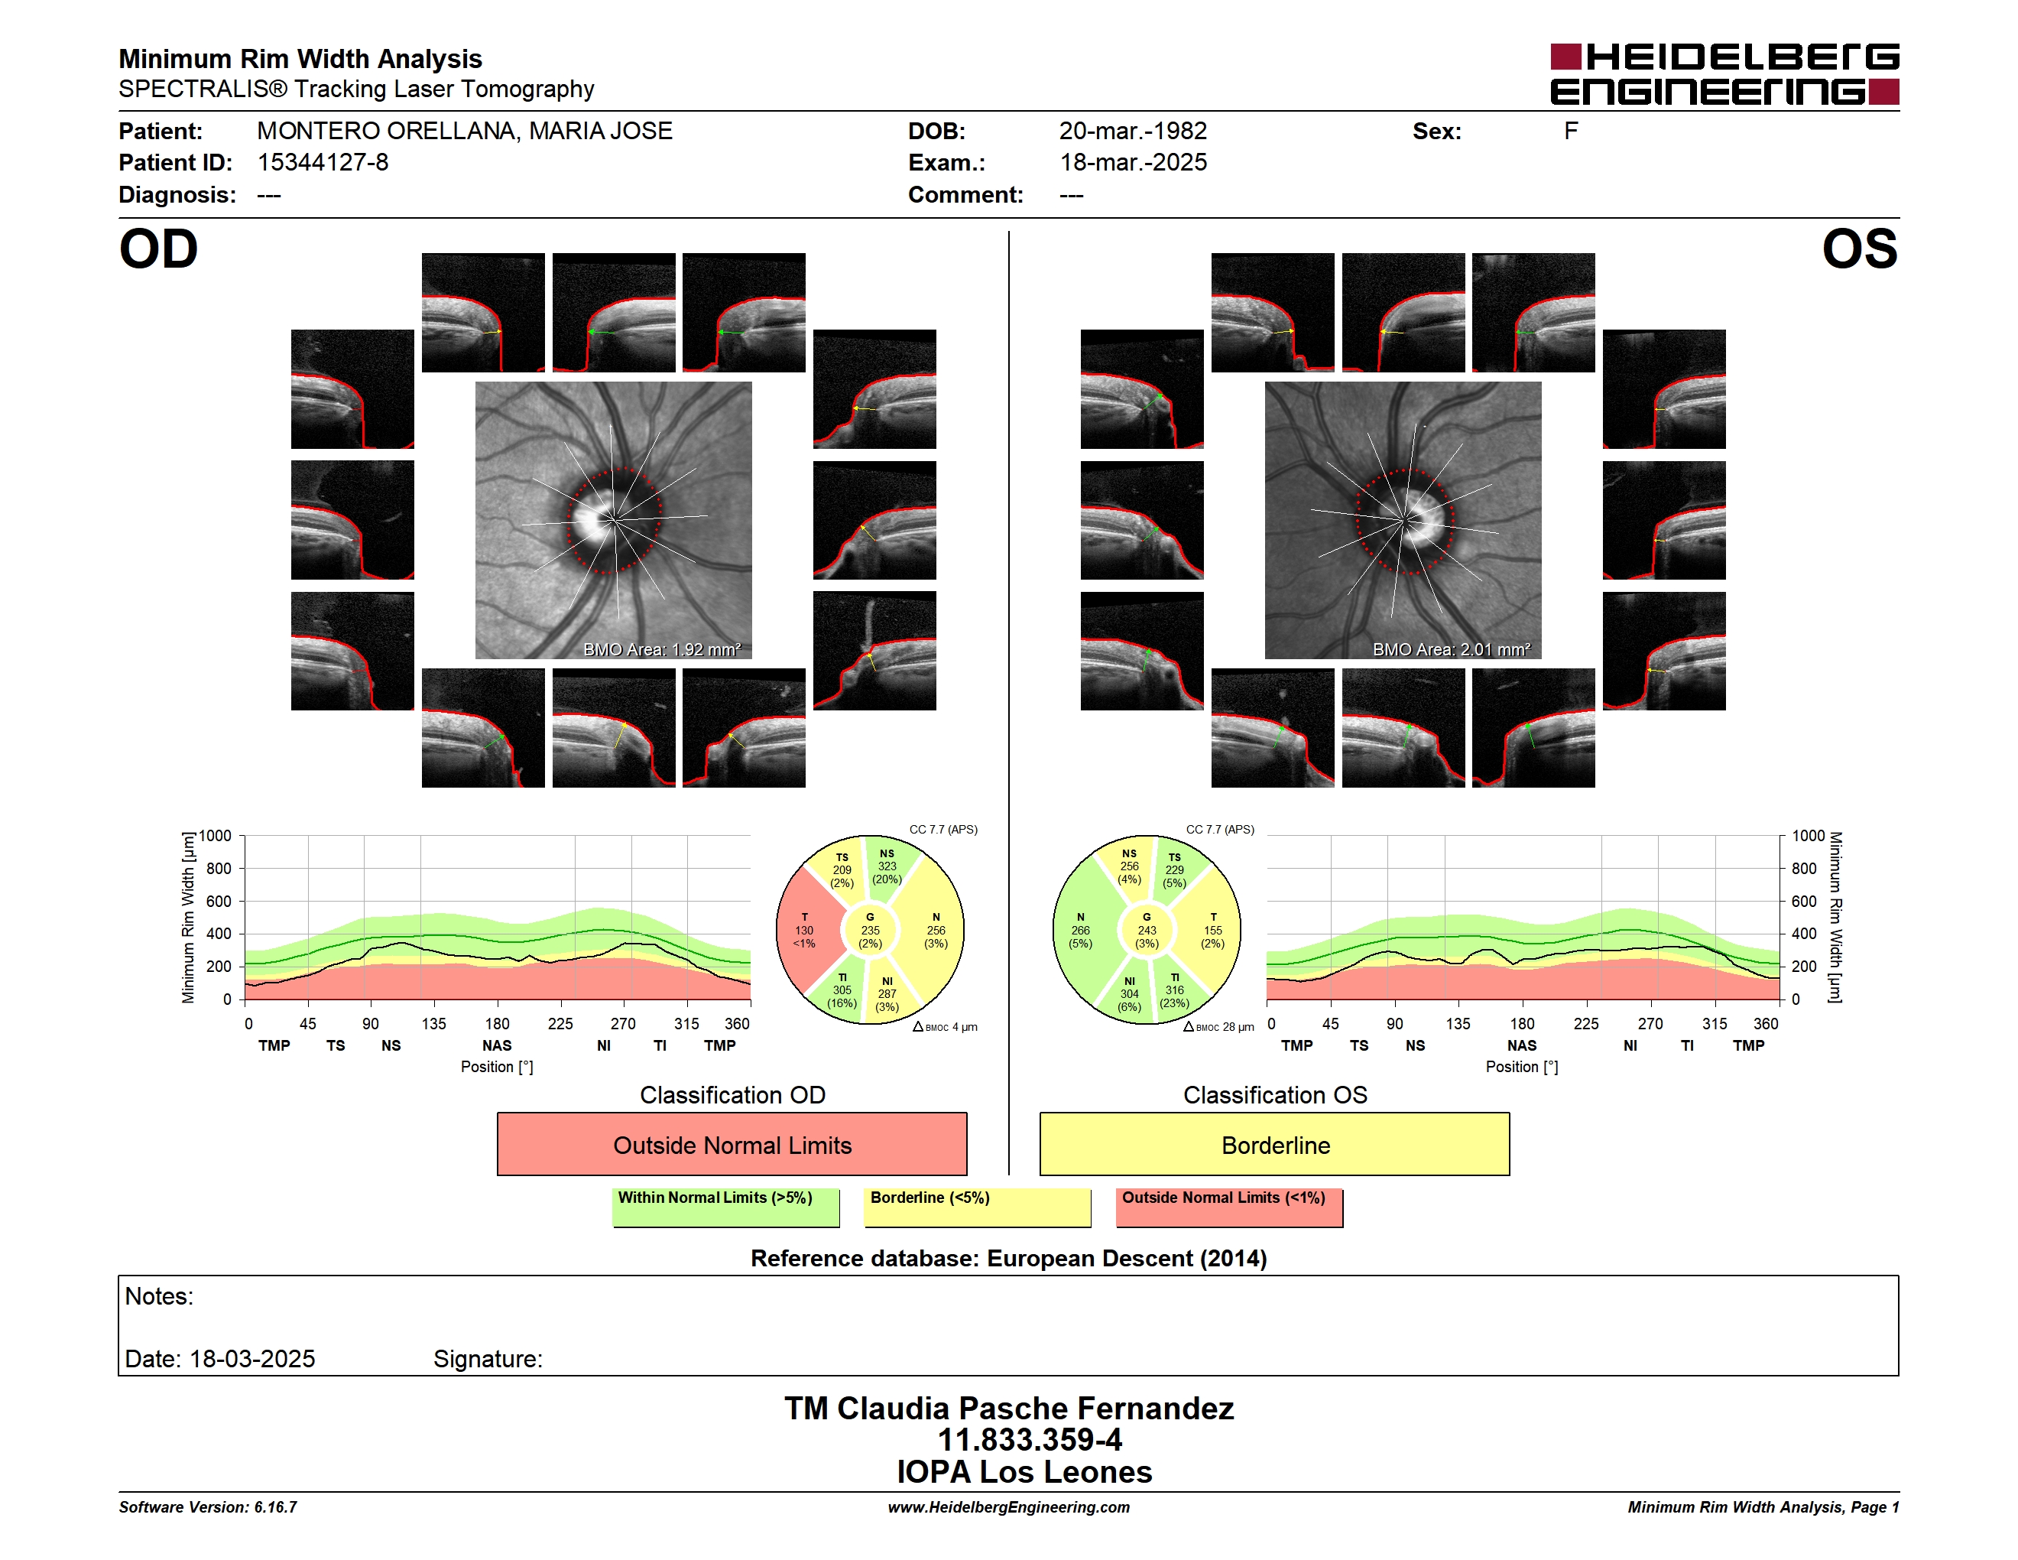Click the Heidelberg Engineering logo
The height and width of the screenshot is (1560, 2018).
click(1724, 74)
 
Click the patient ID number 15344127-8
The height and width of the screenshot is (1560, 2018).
click(323, 163)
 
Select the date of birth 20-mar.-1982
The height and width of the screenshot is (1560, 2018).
click(1133, 132)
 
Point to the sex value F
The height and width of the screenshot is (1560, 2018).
click(1571, 132)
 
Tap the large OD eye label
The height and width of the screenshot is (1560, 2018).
click(158, 249)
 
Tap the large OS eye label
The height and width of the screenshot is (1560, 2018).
click(1859, 249)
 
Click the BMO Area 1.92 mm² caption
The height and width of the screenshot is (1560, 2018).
click(661, 650)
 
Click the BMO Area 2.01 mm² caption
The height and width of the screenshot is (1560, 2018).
click(1451, 650)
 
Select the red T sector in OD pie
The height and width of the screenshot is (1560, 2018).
click(806, 931)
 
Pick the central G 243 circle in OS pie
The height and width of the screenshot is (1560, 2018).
click(1147, 931)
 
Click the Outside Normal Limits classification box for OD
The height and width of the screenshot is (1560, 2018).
click(732, 1144)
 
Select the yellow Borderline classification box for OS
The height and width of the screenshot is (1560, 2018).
click(1274, 1144)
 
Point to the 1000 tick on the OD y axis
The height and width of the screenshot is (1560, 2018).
click(216, 836)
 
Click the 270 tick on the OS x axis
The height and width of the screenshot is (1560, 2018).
click(1650, 1024)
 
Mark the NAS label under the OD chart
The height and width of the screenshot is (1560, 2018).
click(496, 1045)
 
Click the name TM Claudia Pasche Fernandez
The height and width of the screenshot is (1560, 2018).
click(1009, 1408)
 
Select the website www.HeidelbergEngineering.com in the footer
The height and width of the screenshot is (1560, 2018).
click(1008, 1507)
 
